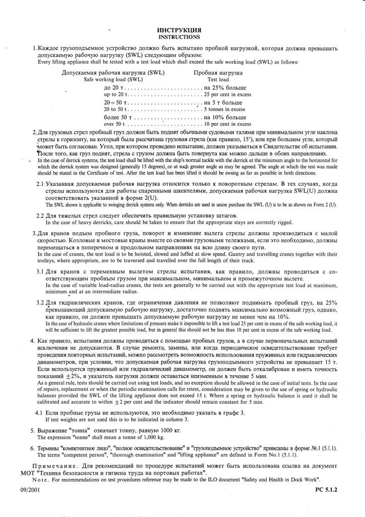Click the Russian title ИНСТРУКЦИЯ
pyautogui.click(x=179, y=30)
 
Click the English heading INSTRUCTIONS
pyautogui.click(x=179, y=37)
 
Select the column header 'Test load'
pyautogui.click(x=218, y=80)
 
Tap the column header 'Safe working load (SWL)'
pyautogui.click(x=113, y=80)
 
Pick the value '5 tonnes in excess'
pyautogui.click(x=224, y=109)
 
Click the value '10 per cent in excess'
pyautogui.click(x=227, y=124)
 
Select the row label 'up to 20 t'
pyautogui.click(x=117, y=94)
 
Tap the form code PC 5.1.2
pyautogui.click(x=326, y=490)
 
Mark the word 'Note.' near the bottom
pyautogui.click(x=41, y=479)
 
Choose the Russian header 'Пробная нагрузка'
pyautogui.click(x=218, y=73)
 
